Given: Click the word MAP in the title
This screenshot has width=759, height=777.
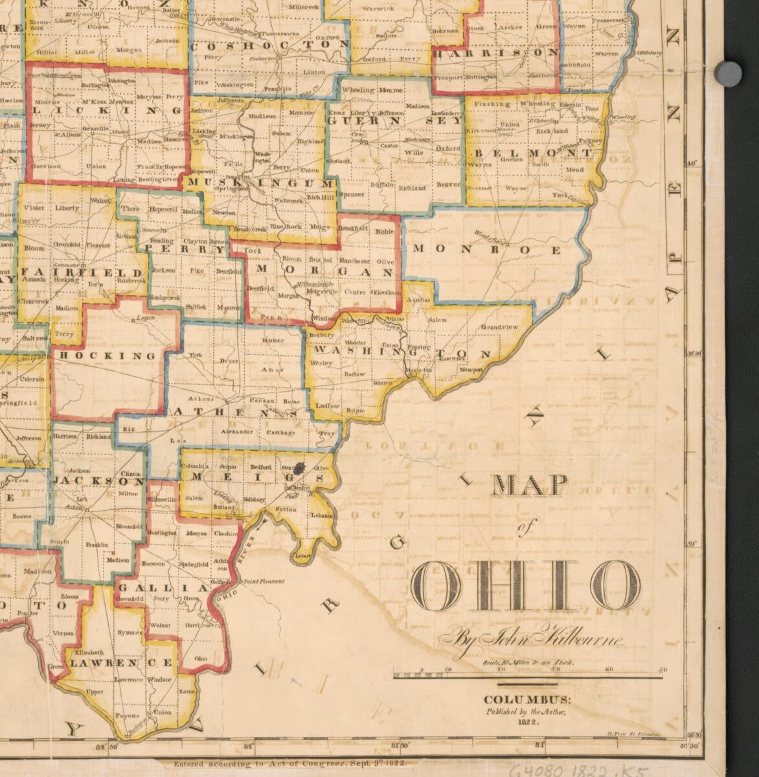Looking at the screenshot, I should [530, 486].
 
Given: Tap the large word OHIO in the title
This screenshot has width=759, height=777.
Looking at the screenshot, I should [525, 586].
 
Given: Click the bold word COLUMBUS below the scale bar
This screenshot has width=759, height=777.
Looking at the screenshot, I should [527, 700].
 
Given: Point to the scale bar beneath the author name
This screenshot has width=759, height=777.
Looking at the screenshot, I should [528, 677].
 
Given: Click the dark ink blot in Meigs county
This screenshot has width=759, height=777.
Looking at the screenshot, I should [300, 467].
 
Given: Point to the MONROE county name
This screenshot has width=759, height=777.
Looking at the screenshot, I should [486, 249].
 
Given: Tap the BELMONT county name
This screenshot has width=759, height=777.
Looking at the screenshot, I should [534, 153].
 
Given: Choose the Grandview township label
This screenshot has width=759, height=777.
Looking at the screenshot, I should [499, 327].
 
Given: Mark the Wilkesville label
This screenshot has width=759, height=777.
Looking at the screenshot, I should [162, 501].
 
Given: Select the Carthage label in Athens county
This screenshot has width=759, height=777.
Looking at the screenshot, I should [280, 432].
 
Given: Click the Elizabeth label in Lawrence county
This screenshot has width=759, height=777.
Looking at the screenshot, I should [89, 653].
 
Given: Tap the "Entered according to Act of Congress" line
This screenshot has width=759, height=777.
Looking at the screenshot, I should [289, 764].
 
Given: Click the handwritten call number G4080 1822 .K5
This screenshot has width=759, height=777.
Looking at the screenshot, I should [580, 770].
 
